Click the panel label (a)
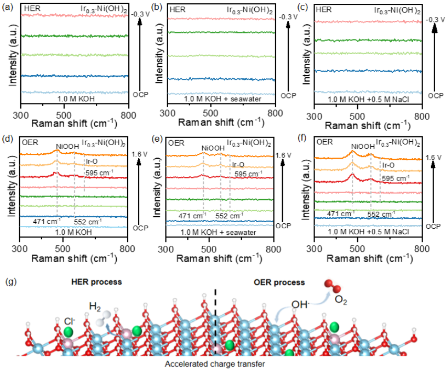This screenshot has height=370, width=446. [7, 5]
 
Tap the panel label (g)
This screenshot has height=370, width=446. [8, 281]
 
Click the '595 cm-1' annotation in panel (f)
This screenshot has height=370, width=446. [394, 178]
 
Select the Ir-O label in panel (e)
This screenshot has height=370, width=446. [238, 164]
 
